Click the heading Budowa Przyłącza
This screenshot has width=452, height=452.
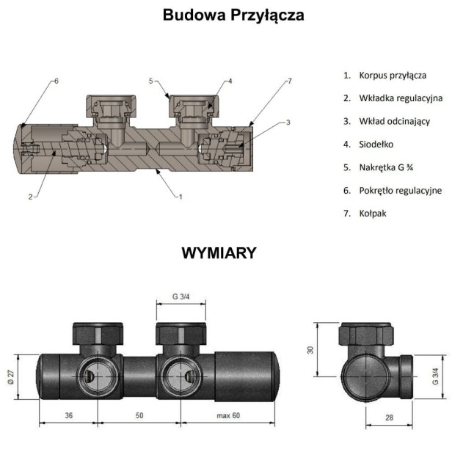point(233,15)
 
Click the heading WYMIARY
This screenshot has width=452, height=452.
point(219,253)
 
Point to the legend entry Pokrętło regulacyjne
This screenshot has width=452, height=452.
point(396,190)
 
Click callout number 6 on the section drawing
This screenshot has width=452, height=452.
point(55,81)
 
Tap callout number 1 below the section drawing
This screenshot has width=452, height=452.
point(180,197)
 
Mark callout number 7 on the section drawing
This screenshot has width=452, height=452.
point(290,81)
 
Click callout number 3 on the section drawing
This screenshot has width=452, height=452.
point(288,122)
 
